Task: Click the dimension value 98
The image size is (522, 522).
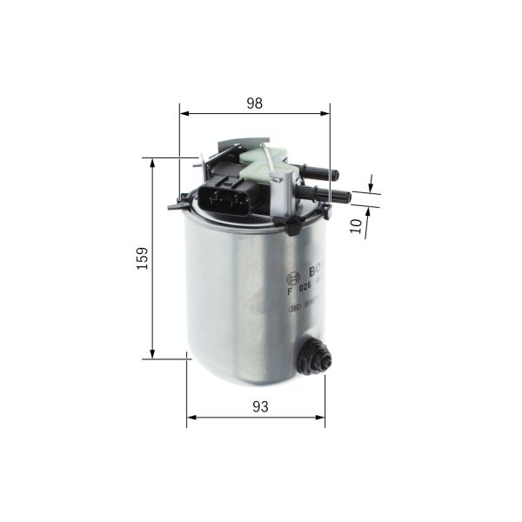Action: pyautogui.click(x=254, y=103)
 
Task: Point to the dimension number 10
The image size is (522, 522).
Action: pyautogui.click(x=357, y=224)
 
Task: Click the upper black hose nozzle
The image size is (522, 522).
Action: pyautogui.click(x=318, y=170)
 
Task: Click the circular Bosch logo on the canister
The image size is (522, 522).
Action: pyautogui.click(x=292, y=278)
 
